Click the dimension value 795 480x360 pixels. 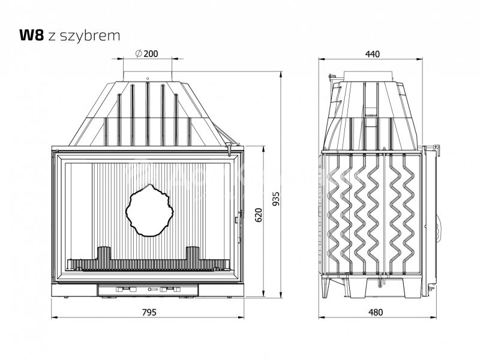point(149,312)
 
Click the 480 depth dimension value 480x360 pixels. point(374,312)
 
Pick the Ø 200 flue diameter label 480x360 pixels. point(146,54)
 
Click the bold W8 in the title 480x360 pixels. point(30,35)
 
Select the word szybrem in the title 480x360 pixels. point(98,35)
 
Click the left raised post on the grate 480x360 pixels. point(104,253)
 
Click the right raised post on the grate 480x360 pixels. point(193,253)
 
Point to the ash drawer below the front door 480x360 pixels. point(148,290)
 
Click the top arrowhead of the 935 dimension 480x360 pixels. point(282,74)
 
